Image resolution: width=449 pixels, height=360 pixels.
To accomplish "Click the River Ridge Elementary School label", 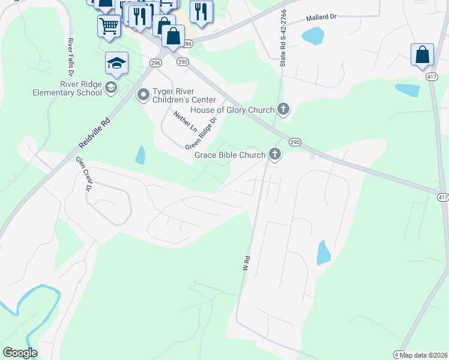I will coord(68,89).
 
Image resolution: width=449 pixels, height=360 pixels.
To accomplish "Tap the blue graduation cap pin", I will coord(116,63).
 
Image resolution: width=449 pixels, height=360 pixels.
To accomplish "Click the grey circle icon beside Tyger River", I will coord(143,94).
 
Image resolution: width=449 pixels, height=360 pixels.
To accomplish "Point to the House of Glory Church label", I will coord(232,110).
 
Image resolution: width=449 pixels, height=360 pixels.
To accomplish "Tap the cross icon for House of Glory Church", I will coord(283,109).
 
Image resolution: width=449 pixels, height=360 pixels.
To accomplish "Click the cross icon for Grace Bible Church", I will coord(275,155).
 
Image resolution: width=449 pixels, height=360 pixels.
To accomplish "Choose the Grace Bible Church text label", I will coord(230,155).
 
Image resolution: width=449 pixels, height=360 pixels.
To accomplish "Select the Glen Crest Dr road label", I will coord(83,173).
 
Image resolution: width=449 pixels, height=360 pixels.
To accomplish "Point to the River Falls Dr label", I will coord(70,56).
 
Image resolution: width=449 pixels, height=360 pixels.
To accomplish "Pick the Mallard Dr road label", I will coord(322,18).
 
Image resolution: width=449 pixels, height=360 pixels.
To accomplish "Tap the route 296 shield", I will coord(155,62).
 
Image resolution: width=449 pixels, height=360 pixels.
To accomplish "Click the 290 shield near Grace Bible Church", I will coord(294,142).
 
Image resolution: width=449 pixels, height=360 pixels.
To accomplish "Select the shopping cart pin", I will coord(109,25).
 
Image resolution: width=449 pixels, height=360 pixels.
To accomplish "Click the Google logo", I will coord(20,353).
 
